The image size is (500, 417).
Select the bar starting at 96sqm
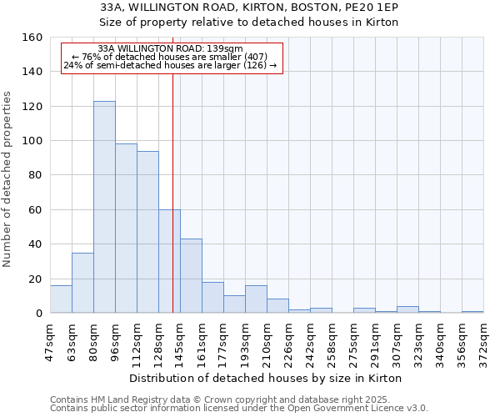tap(126, 229)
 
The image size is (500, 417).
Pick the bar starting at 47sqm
tap(61, 299)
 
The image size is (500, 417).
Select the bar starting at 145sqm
tap(191, 276)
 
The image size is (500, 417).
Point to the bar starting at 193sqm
tap(256, 299)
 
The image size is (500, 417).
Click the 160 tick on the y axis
tap(32, 38)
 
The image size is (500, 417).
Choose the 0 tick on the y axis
tap(38, 314)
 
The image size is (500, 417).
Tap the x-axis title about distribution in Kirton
tap(267, 378)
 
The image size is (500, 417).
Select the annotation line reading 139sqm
tap(170, 48)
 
